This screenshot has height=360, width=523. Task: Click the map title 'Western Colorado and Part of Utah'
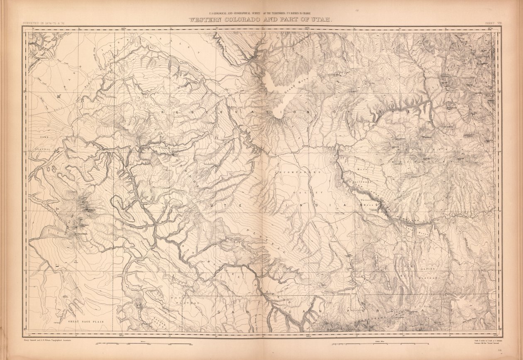click(261, 20)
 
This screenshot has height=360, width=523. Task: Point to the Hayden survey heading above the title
click(261, 14)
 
